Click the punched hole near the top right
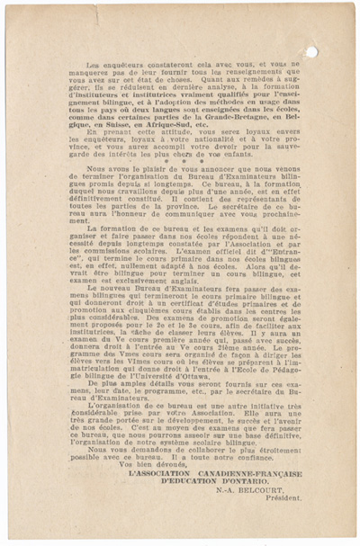coord(311,51)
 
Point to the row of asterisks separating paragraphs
coord(180,160)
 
